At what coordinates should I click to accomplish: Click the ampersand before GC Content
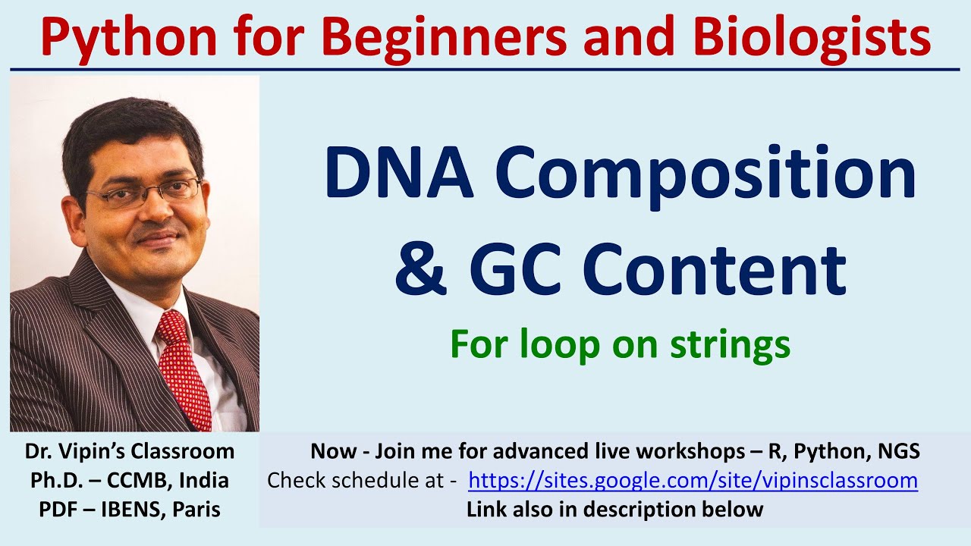[422, 269]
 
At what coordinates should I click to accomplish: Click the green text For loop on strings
[620, 344]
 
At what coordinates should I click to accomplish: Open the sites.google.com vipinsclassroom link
[693, 481]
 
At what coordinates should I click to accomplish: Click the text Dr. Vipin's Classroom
[130, 452]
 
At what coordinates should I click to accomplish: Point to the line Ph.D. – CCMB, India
[130, 481]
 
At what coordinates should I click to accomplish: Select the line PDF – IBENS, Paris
[130, 510]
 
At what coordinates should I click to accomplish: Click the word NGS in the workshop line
[896, 452]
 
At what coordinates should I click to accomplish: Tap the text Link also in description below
[614, 510]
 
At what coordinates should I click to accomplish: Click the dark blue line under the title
[485, 70]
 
